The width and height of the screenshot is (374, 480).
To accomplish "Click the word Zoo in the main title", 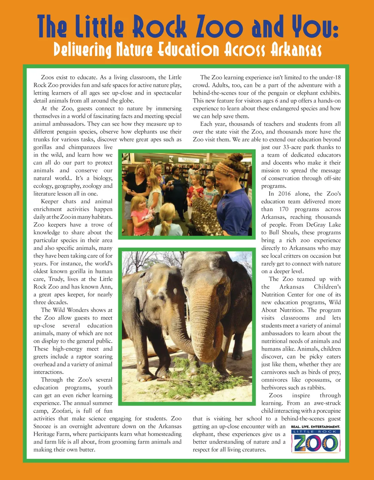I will [x=223, y=27].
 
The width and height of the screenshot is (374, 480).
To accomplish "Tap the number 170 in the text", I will [x=284, y=209].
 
